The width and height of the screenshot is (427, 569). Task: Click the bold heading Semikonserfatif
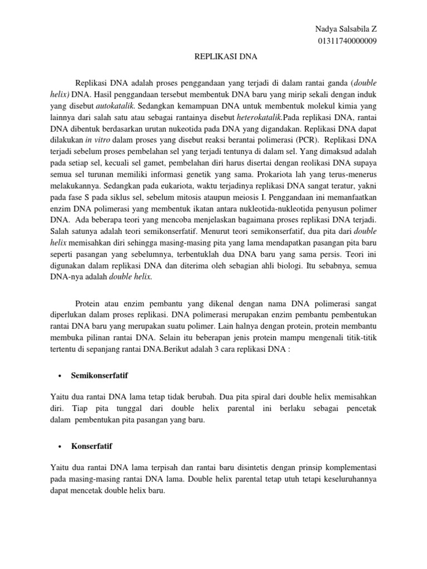coord(100,376)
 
